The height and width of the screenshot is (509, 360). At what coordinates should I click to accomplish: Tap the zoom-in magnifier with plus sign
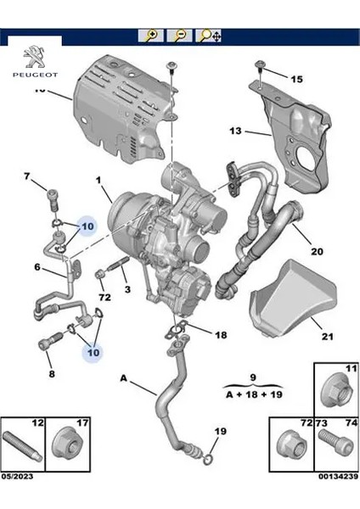point(151,36)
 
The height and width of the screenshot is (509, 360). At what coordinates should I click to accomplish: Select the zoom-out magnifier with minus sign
point(179,36)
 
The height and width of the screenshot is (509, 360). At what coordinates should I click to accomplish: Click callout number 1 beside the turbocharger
point(99,180)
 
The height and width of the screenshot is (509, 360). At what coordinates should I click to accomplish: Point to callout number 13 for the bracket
point(235,131)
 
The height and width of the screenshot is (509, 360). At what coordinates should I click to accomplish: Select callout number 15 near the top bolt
point(295,79)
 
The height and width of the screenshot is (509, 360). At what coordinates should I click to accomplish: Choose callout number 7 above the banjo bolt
point(26,176)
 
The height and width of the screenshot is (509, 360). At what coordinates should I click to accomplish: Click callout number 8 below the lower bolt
point(51,373)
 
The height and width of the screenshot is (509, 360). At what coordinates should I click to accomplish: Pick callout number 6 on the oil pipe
point(37,267)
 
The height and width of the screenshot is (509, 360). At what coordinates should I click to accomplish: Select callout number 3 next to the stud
point(127,290)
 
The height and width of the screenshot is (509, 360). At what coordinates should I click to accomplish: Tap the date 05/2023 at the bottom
point(19,500)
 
